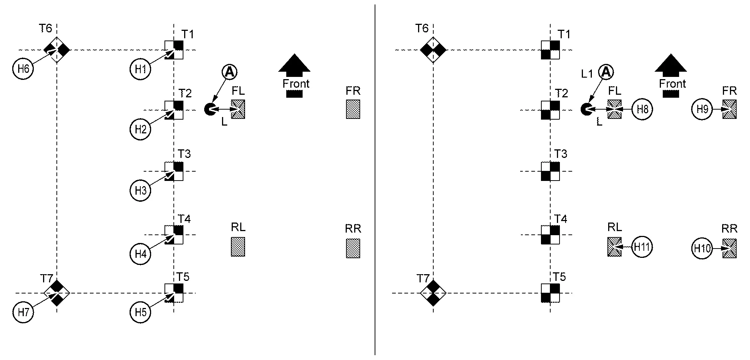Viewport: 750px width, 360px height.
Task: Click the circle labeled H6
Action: click(x=23, y=69)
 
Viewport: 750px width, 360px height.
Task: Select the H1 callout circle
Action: click(x=141, y=69)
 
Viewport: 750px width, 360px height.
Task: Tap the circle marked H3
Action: click(x=141, y=191)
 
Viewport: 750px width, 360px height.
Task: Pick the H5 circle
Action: click(x=141, y=312)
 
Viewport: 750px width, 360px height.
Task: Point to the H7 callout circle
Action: click(x=23, y=312)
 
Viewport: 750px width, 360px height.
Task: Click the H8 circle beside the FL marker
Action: click(x=642, y=109)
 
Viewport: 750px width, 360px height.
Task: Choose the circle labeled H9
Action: click(x=702, y=109)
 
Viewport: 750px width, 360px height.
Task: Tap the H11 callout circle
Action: click(x=642, y=247)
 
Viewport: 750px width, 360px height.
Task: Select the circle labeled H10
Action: click(x=702, y=248)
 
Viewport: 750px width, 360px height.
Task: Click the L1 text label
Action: click(x=587, y=74)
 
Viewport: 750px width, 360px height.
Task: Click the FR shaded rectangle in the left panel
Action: click(x=353, y=109)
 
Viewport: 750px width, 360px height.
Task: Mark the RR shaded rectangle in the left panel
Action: click(x=353, y=248)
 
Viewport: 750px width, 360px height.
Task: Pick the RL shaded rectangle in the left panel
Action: click(x=238, y=247)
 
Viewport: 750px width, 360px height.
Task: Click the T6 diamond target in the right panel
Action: click(x=433, y=50)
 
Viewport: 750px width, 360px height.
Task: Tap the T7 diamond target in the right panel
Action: click(x=433, y=293)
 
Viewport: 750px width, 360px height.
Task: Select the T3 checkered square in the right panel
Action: click(x=550, y=171)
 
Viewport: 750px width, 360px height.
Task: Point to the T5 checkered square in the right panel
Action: click(x=550, y=293)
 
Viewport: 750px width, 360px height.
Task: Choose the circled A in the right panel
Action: click(x=606, y=72)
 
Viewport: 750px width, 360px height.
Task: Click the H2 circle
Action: click(x=141, y=129)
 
